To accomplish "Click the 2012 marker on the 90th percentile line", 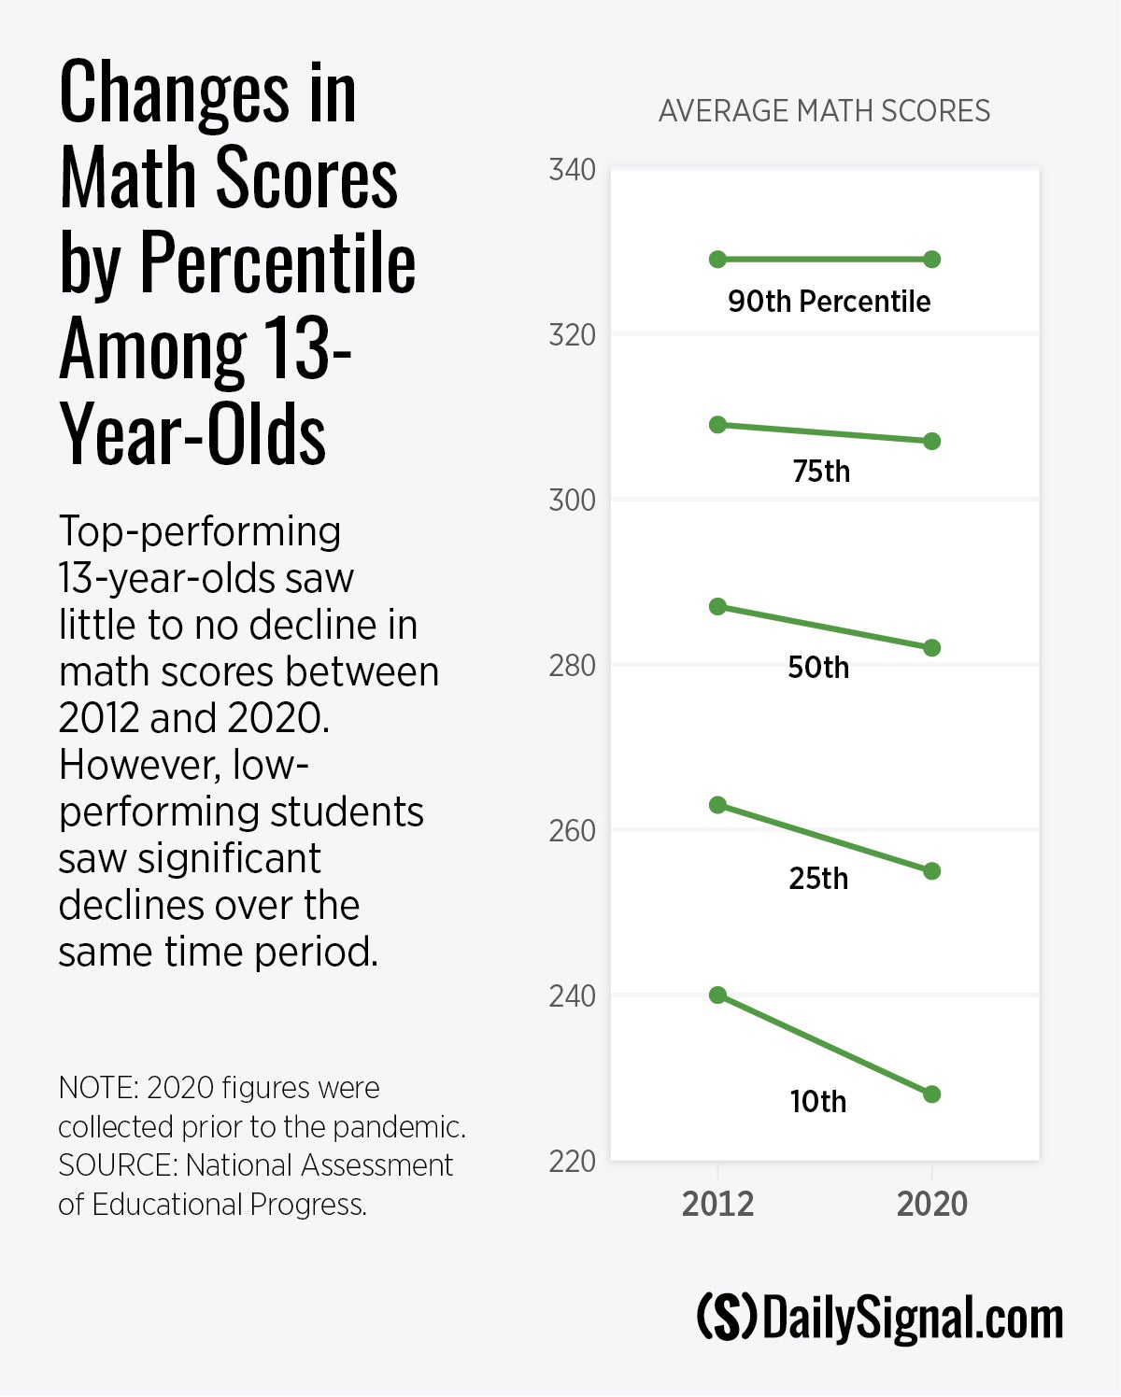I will pos(717,260).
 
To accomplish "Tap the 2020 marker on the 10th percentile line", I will pos(931,1094).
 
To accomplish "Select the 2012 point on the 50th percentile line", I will pos(717,607).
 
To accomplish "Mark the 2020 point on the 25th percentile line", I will pos(931,871).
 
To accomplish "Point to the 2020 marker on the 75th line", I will pos(931,441).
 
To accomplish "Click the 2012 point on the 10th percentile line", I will pos(717,995).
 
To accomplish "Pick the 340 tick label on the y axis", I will pos(572,170).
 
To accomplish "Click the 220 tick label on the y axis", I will pos(572,1162).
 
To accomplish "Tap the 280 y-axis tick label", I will pos(572,666).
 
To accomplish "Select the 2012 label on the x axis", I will pos(717,1204).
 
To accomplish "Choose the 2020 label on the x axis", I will pos(931,1204).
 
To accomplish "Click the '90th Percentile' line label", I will pos(829,302).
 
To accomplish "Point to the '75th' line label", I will pos(821,472).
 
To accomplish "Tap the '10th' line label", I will pos(818,1102).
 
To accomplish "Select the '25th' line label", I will pos(818,879).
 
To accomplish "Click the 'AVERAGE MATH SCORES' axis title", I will pos(824,111).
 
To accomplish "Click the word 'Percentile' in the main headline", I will pos(277,264).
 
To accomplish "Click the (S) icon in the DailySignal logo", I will pos(727,1318).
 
